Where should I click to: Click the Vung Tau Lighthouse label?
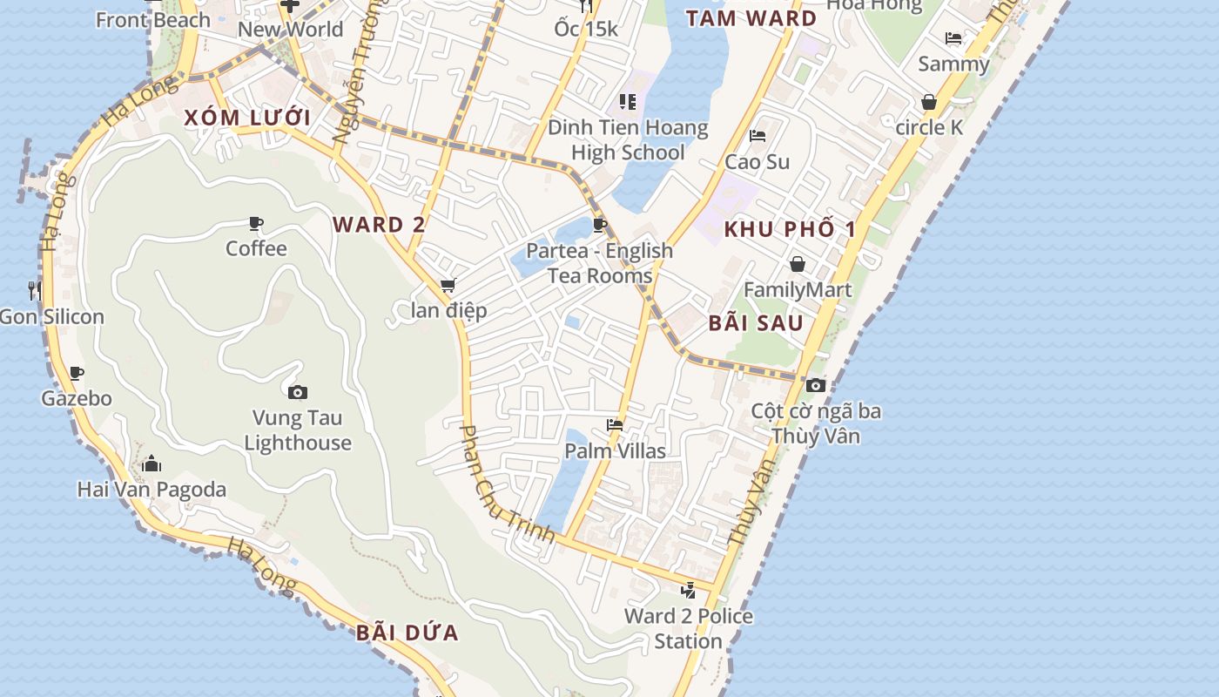298,430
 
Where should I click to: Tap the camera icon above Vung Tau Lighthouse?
298,393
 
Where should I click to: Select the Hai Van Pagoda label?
152,490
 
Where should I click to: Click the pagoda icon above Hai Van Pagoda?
152,464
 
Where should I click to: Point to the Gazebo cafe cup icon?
77,374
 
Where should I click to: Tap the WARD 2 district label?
379,225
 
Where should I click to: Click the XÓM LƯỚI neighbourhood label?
247,118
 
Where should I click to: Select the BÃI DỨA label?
407,633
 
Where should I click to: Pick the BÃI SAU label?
755,323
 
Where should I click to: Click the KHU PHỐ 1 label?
791,230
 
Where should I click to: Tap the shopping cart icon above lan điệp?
448,286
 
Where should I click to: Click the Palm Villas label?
615,451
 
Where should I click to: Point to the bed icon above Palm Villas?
615,425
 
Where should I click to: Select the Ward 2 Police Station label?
688,629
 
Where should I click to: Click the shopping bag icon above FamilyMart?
797,264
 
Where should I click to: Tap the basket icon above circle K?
929,103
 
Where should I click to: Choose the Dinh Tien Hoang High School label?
628,140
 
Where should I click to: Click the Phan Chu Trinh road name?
506,484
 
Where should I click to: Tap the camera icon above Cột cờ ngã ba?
816,385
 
